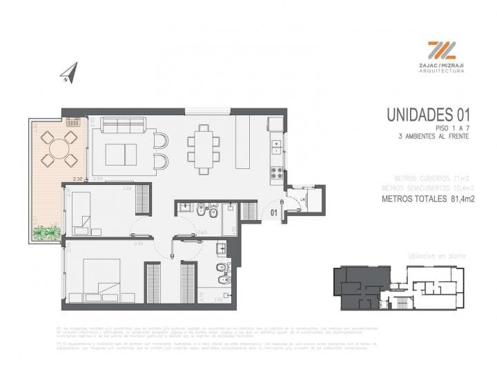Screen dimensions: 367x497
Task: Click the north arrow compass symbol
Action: (69, 73)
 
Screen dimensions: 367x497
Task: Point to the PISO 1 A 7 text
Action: (451, 128)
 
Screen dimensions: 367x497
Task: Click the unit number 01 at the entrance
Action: (274, 212)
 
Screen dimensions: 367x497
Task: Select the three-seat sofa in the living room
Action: (123, 125)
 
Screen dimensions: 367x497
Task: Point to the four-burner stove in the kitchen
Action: (277, 173)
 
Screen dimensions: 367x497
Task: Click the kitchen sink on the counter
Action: (276, 146)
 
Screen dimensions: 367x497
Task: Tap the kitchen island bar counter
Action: (243, 141)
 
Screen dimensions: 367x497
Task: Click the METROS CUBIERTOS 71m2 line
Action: (427, 177)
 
